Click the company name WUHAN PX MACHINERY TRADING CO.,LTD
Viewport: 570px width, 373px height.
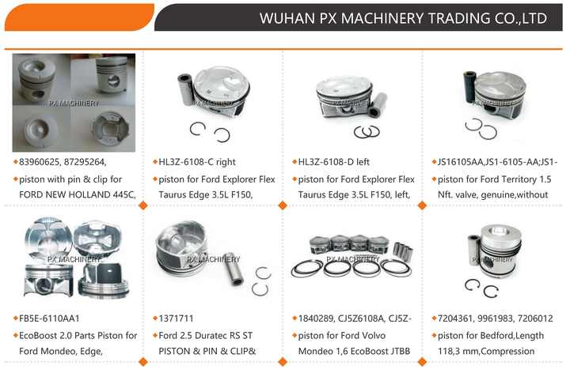(x=403, y=18)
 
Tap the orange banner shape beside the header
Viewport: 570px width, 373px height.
(x=79, y=17)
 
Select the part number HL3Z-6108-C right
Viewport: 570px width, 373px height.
(x=197, y=162)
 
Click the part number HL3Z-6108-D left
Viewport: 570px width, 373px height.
(x=334, y=162)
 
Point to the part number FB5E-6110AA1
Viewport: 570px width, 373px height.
(x=49, y=318)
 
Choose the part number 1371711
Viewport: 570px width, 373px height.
(x=176, y=318)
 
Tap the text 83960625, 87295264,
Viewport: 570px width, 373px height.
(x=63, y=162)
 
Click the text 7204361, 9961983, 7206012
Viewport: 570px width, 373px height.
(x=495, y=318)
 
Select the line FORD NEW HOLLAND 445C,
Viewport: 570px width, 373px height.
(x=78, y=195)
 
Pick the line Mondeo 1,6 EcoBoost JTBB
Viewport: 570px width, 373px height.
(x=354, y=351)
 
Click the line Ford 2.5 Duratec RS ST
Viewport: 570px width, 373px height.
(x=205, y=336)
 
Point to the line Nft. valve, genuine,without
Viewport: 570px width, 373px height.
(x=492, y=195)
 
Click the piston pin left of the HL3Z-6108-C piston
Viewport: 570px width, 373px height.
(x=185, y=89)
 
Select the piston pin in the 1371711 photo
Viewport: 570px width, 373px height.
(x=233, y=269)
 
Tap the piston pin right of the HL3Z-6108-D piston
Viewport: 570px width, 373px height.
(x=378, y=104)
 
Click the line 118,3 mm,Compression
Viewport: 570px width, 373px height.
(x=486, y=351)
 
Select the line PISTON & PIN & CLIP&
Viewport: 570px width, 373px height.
(x=207, y=351)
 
